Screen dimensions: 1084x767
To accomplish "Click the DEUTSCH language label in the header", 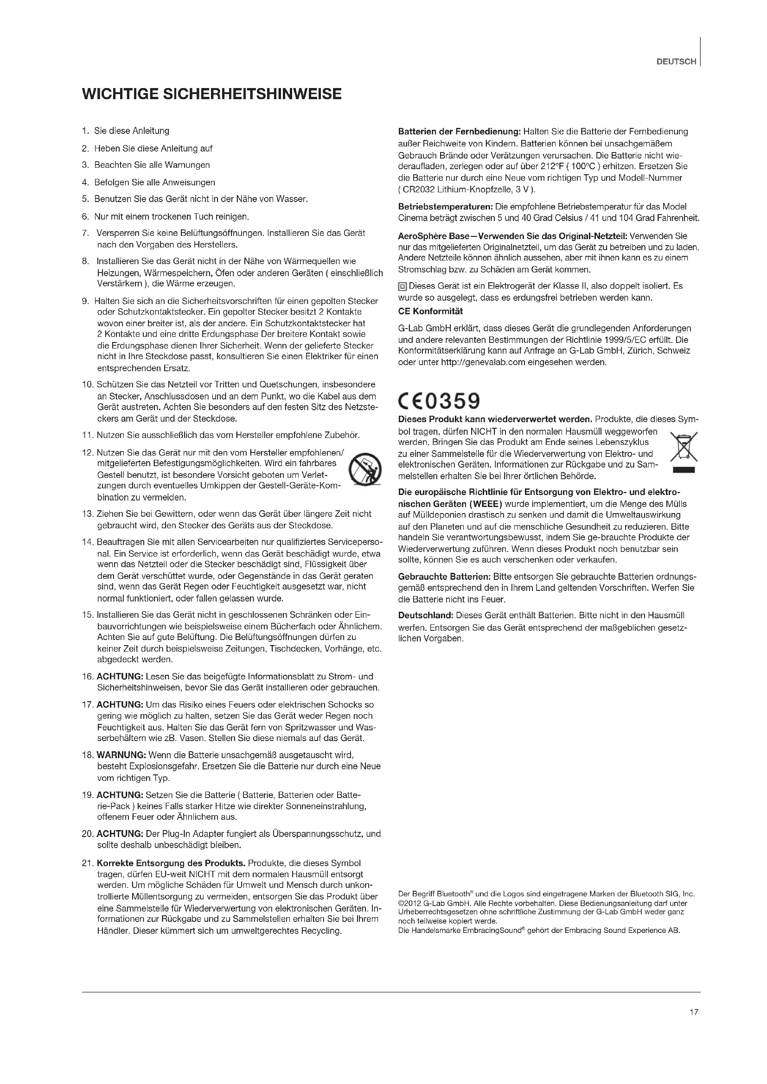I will pyautogui.click(x=676, y=61).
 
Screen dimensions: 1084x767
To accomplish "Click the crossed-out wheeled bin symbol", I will pyautogui.click(x=684, y=447).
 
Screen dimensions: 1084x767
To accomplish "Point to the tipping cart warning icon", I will pyautogui.click(x=364, y=471).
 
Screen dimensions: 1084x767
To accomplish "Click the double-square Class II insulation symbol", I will pyautogui.click(x=403, y=286).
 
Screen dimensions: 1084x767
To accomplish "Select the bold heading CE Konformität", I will pyautogui.click(x=430, y=311).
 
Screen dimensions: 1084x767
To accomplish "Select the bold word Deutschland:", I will pyautogui.click(x=426, y=615).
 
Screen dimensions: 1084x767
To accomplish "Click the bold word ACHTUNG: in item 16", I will pyautogui.click(x=120, y=677).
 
